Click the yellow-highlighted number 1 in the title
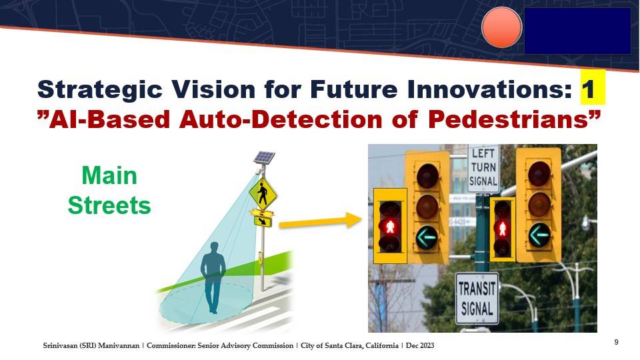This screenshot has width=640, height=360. pyautogui.click(x=593, y=88)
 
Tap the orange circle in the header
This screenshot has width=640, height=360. pyautogui.click(x=501, y=27)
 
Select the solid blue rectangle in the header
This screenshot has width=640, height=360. pyautogui.click(x=577, y=31)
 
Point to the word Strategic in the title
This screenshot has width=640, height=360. pyautogui.click(x=99, y=89)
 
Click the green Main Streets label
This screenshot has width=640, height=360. pyautogui.click(x=109, y=191)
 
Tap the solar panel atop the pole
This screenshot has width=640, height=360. pyautogui.click(x=264, y=157)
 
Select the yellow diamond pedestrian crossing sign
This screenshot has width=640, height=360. pyautogui.click(x=263, y=193)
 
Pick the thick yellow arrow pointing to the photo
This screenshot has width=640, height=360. pyautogui.click(x=320, y=221)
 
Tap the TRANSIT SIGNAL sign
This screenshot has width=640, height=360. pyautogui.click(x=477, y=299)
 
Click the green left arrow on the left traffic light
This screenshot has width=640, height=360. pyautogui.click(x=427, y=237)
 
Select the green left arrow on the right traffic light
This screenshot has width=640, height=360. pyautogui.click(x=539, y=235)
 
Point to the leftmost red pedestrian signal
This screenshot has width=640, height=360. pyautogui.click(x=390, y=226)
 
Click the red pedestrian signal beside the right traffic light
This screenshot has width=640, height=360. pyautogui.click(x=502, y=229)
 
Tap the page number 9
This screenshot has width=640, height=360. pyautogui.click(x=616, y=342)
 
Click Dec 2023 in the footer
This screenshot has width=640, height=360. pyautogui.click(x=421, y=346)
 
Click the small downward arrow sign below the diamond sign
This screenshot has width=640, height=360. pyautogui.click(x=263, y=221)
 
